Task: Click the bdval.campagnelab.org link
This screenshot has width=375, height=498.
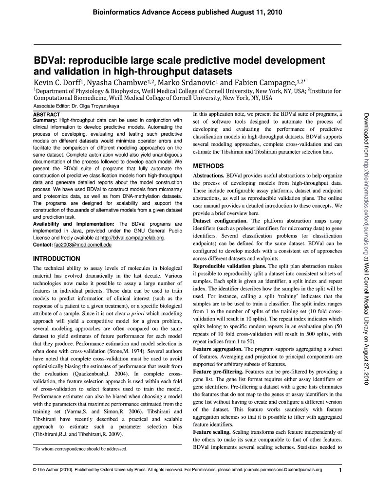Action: (x=131, y=238)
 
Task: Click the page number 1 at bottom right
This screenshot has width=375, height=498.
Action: (x=340, y=470)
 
